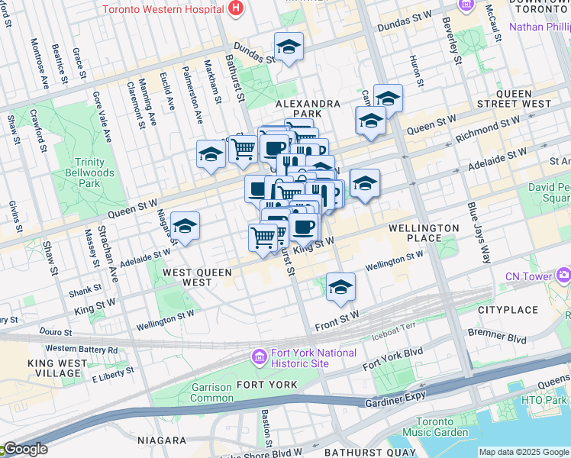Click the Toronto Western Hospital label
163,10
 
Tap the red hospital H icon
236,9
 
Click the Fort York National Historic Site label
315,358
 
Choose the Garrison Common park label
211,392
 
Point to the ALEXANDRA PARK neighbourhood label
308,108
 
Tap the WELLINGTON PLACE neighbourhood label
424,233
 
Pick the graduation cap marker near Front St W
340,287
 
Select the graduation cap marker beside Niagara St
185,226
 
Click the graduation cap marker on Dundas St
289,47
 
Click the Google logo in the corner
24,449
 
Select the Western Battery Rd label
82,349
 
